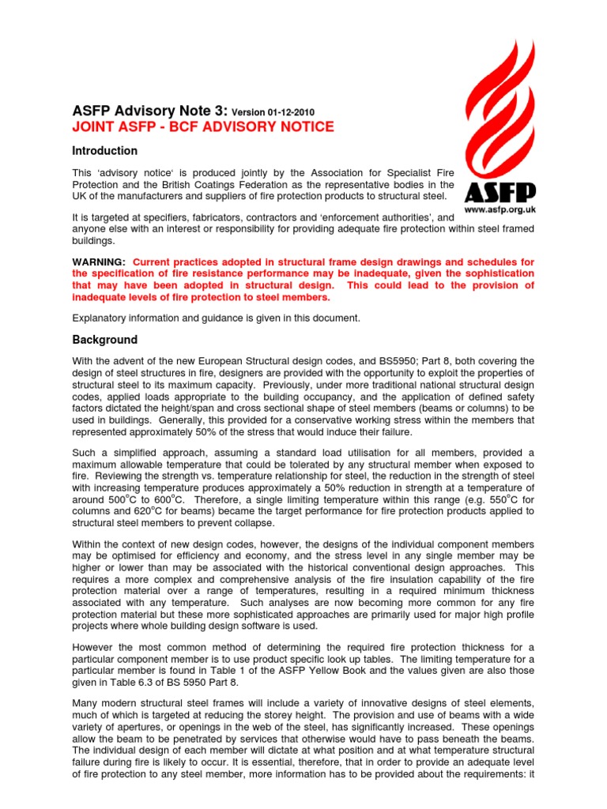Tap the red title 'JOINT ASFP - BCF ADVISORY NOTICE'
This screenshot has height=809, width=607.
click(203, 127)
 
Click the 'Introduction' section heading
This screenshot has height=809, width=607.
click(105, 151)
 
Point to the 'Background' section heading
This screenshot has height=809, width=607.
click(104, 340)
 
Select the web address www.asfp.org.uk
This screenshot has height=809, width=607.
click(500, 211)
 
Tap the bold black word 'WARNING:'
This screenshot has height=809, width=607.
click(99, 262)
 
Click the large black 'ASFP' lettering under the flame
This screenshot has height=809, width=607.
click(500, 193)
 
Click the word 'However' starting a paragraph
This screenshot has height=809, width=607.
click(94, 649)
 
